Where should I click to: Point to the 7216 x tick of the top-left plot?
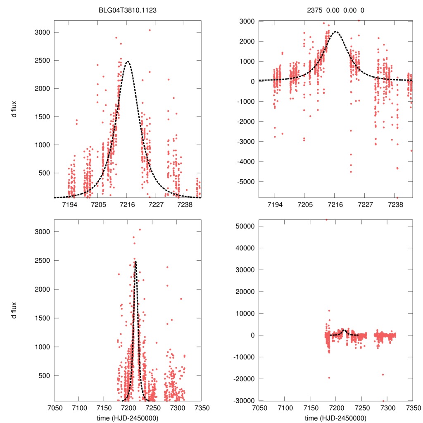click(x=127, y=204)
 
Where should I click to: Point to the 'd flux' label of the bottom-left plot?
click(x=14, y=310)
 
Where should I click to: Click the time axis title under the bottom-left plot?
click(x=128, y=418)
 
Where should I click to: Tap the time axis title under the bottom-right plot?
click(x=336, y=418)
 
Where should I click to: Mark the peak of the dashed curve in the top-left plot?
click(x=128, y=62)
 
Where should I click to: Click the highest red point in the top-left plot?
click(x=150, y=30)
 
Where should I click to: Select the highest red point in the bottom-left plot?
click(x=140, y=230)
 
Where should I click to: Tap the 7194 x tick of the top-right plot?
click(x=275, y=204)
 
